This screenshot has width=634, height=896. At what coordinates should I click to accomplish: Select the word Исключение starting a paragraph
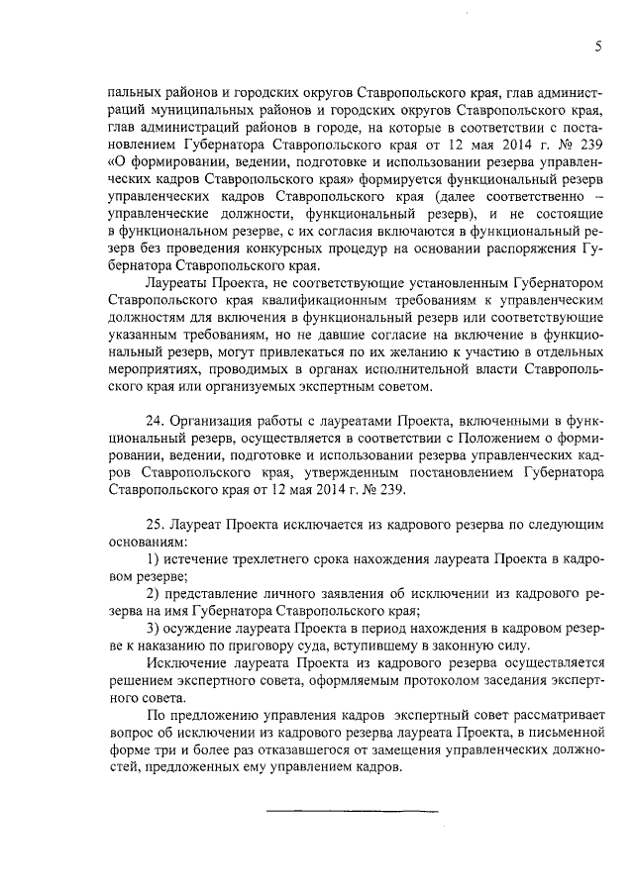click(x=182, y=661)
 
